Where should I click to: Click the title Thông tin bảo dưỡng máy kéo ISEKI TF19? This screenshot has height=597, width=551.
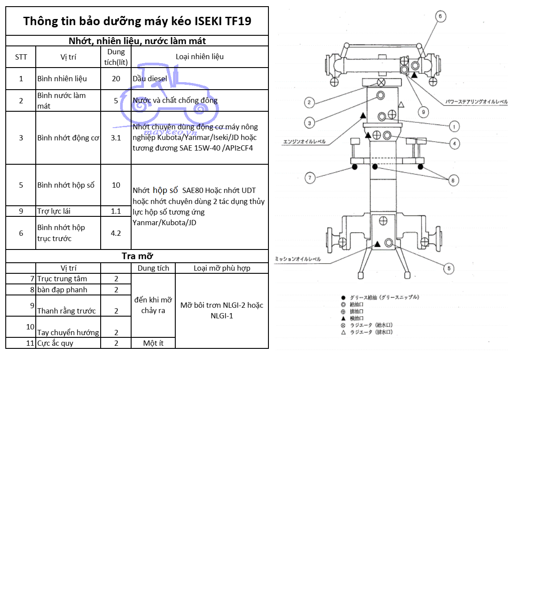point(137,21)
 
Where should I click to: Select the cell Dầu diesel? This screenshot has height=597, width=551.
point(150,79)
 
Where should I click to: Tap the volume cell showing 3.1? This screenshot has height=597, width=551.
point(116,138)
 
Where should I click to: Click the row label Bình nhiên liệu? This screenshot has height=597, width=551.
point(62,79)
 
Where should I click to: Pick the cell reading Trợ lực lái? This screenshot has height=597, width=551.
point(54,211)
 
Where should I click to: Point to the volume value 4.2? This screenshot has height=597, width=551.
point(116,233)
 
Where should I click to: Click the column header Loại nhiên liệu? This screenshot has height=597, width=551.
point(200,57)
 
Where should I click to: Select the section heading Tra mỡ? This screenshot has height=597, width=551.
point(137,256)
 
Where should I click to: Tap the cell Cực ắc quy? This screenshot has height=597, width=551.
point(55,343)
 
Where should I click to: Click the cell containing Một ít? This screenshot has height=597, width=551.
point(153,343)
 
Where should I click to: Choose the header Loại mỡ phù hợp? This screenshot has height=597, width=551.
point(222,268)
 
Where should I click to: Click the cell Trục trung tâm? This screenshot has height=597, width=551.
point(62,279)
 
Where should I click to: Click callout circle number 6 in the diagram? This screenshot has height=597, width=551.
point(440,16)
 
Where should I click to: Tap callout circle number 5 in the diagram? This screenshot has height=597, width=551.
point(449,268)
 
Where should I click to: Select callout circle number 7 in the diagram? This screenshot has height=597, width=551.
point(310,178)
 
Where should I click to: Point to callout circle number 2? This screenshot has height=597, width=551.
point(309,102)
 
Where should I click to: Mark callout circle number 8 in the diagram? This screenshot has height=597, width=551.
point(453,180)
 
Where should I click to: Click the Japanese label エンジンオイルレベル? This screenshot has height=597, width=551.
point(304,142)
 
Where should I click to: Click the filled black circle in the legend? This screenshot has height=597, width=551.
point(343,298)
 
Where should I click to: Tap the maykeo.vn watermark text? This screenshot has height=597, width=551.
point(170,132)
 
